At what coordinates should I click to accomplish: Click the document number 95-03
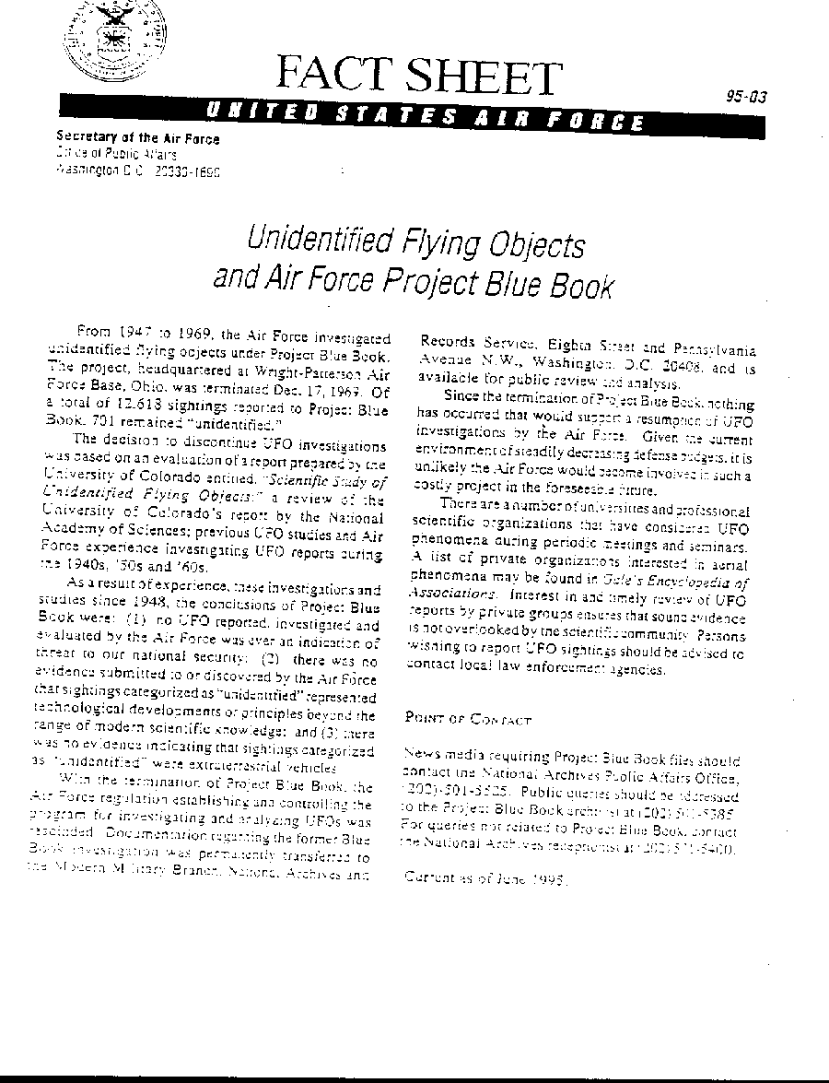(x=746, y=97)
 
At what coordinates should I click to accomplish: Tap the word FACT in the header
(x=329, y=77)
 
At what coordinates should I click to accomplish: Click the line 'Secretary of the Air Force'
(x=138, y=139)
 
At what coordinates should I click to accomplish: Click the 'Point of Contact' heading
(x=468, y=718)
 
